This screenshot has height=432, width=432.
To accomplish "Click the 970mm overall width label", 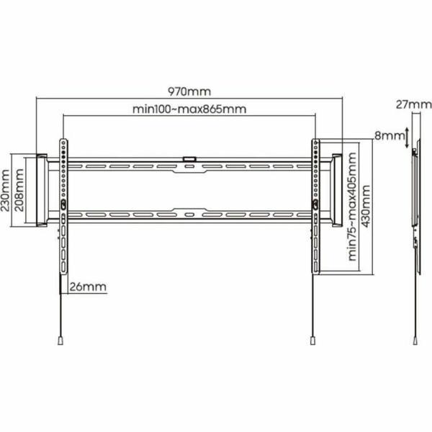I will coord(189,92).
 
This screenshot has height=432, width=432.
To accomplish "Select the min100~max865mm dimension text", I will coord(189,109).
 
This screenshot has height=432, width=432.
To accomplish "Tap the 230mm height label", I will coord(7,189).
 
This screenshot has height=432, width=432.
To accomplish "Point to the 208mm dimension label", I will coord(21,189).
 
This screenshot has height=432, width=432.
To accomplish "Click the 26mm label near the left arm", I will coord(89,287).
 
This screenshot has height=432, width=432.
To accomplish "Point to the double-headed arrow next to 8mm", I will coord(408,137).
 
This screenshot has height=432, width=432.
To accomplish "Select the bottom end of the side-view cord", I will coord(416,341).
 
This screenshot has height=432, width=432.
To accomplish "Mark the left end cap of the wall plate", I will coord(40,189).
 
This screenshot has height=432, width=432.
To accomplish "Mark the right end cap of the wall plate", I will coord(336,189).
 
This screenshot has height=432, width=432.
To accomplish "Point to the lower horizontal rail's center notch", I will coord(189,214).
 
